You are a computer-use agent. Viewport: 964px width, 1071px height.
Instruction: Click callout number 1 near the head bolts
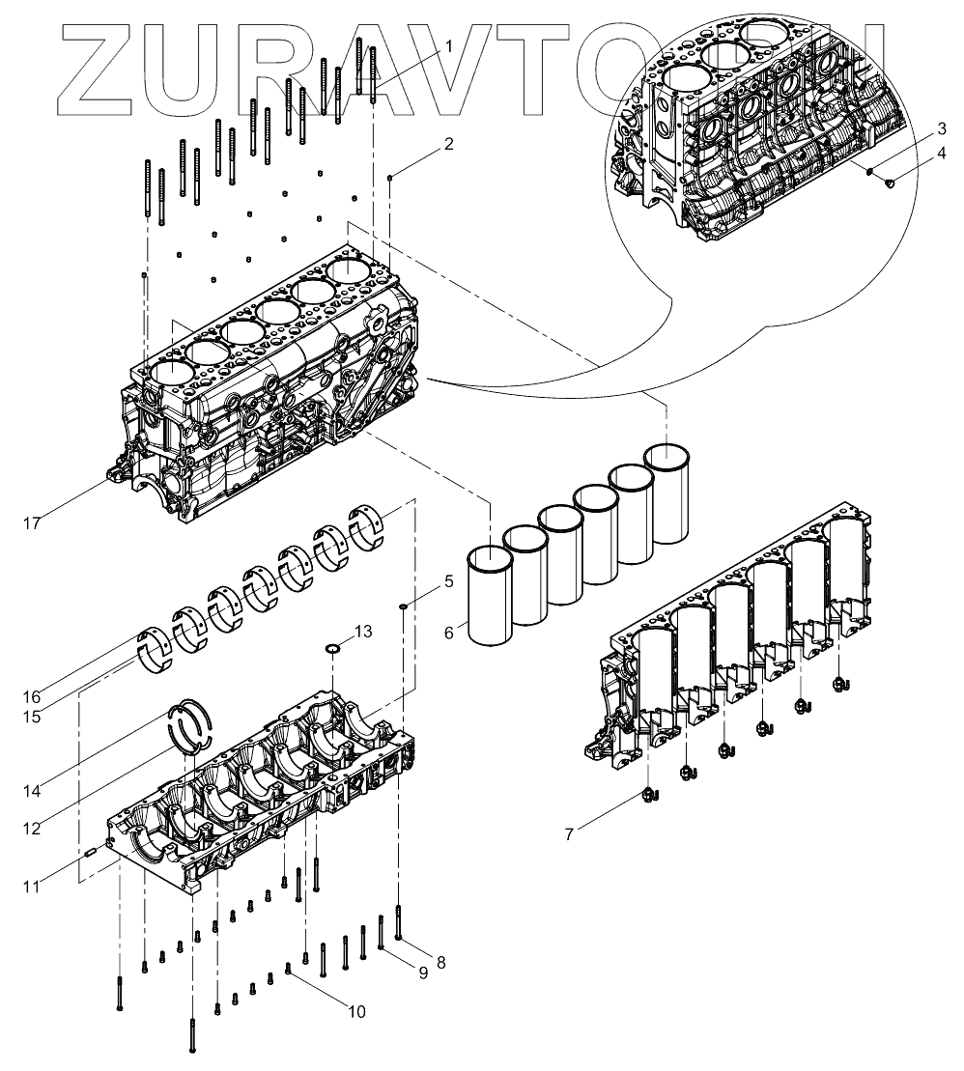click(x=449, y=45)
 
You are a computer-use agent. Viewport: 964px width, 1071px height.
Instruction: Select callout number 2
click(x=448, y=145)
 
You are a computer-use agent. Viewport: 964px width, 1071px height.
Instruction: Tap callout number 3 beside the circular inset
click(x=913, y=129)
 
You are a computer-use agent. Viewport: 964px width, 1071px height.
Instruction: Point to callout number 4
click(x=913, y=154)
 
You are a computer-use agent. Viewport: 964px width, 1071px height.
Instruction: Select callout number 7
click(x=569, y=833)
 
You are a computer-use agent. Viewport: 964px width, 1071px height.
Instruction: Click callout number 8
click(x=441, y=962)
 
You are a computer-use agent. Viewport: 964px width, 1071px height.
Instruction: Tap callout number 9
click(x=422, y=972)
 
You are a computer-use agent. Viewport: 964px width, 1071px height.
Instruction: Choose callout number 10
click(x=356, y=1012)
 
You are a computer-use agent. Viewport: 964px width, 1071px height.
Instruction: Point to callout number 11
click(x=32, y=886)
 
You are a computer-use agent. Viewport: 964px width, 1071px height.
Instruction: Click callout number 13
click(x=361, y=632)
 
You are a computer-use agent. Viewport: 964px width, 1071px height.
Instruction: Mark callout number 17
click(x=32, y=523)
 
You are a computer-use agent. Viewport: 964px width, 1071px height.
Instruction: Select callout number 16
click(x=32, y=696)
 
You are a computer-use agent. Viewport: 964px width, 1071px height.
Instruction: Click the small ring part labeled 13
click(x=332, y=648)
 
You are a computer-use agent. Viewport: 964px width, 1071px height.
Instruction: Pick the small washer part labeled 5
click(x=403, y=606)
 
